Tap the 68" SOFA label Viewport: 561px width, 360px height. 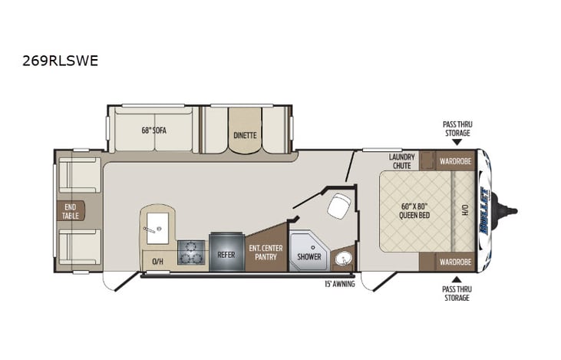153,130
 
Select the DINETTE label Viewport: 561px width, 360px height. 245,135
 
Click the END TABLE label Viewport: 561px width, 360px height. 71,210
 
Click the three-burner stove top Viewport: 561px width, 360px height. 191,252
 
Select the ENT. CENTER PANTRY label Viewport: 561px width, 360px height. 266,252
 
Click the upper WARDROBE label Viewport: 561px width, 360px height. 455,161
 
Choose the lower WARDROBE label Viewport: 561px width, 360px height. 455,262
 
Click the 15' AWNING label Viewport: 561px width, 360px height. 338,285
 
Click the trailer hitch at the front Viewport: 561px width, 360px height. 507,208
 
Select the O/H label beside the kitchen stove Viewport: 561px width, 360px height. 157,262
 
